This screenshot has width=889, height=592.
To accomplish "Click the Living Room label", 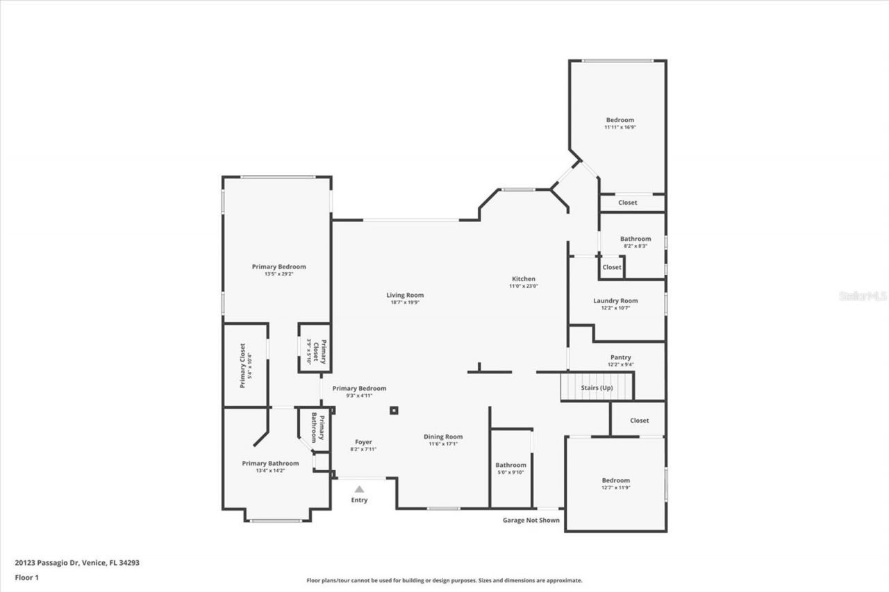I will click(x=405, y=295).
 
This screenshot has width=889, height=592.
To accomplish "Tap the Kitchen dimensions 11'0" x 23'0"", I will click(x=524, y=286).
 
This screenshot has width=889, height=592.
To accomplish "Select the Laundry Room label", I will click(x=615, y=301).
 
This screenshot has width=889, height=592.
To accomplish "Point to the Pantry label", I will click(x=620, y=357).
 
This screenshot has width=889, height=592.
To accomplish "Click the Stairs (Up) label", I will click(x=597, y=387).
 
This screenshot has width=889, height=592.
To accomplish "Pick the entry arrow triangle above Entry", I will click(x=359, y=489).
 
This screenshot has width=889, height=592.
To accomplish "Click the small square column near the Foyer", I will click(x=394, y=410).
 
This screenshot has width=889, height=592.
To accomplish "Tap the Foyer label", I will click(x=363, y=442).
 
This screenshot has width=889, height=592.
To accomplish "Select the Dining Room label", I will click(x=443, y=437).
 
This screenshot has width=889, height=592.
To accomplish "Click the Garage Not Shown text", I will click(x=531, y=520).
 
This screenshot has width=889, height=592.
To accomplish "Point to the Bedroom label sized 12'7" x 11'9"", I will click(x=615, y=480).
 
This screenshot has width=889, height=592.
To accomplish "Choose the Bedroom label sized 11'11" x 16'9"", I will click(x=620, y=120).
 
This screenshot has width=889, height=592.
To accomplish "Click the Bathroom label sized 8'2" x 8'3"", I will click(x=635, y=239).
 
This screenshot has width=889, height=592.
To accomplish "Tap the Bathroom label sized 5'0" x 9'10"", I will click(x=510, y=465).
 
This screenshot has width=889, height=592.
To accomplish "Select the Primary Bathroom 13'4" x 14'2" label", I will click(x=270, y=464).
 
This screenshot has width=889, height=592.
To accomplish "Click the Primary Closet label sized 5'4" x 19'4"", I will click(x=243, y=365).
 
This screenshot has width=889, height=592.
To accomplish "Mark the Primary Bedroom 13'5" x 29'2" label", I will click(x=279, y=267).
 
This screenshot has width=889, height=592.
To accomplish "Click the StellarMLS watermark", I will click(x=863, y=296).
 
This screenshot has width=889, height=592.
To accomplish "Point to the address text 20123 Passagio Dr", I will click(x=77, y=563).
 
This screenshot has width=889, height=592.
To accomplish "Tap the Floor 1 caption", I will click(x=26, y=577).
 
